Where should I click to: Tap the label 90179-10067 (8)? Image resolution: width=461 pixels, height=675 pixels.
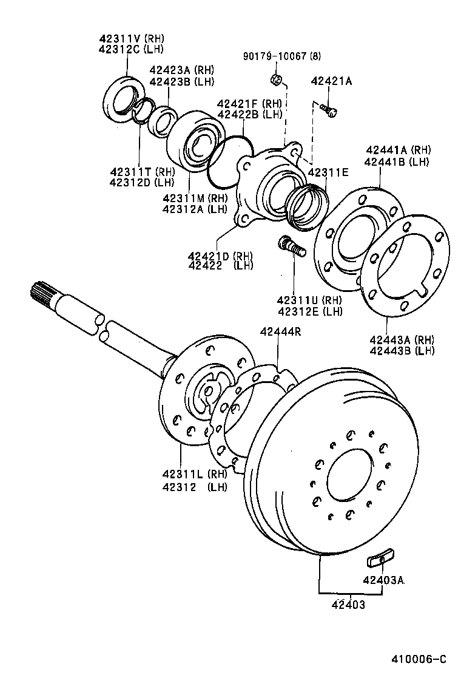281,56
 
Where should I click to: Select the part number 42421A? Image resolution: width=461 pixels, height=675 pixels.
331,81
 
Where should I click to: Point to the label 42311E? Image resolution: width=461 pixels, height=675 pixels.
328,172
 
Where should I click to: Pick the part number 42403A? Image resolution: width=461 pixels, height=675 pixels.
383,580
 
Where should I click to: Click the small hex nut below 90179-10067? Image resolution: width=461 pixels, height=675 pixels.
274,79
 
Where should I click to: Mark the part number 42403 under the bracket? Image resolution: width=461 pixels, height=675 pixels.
348,605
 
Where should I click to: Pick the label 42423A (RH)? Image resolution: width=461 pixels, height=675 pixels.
181,70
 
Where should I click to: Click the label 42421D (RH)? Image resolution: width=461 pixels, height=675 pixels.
220,255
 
